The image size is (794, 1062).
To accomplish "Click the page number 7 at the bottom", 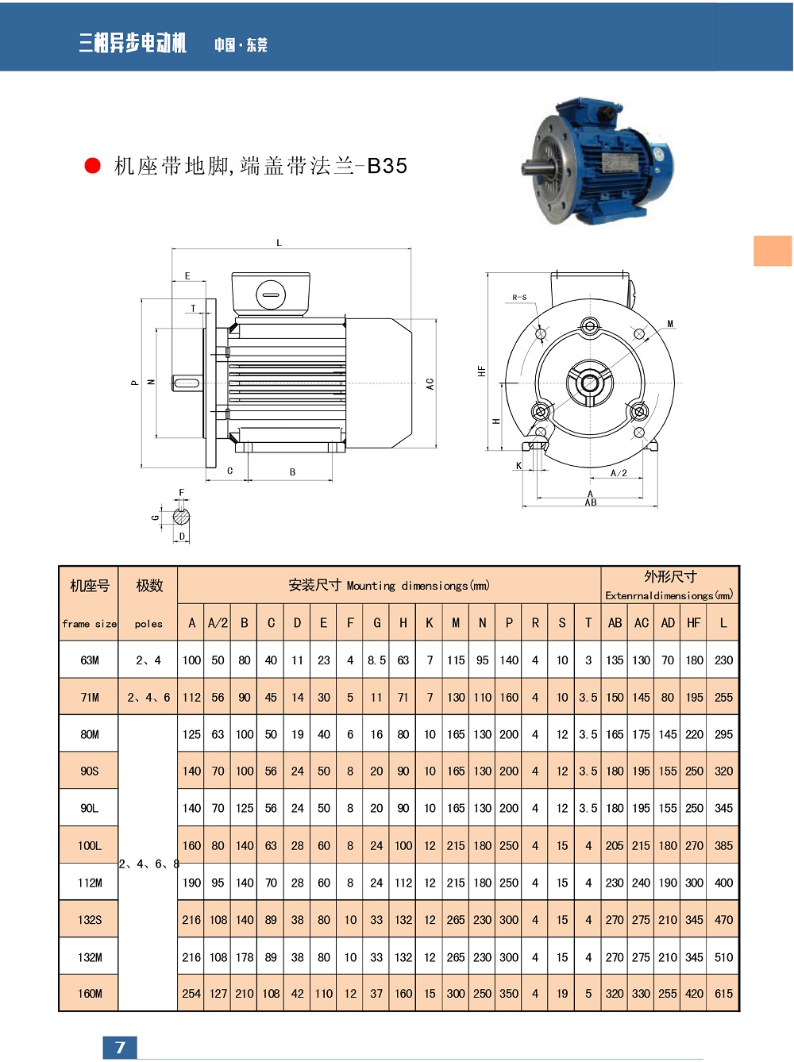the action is point(120,1048).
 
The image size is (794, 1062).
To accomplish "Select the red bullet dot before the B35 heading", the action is point(92,165).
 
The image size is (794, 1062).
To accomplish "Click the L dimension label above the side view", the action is point(279,243).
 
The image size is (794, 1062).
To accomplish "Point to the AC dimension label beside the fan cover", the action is point(430,383).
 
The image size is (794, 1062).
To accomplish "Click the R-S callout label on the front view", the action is point(519,298).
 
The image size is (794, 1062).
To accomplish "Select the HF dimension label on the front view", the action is point(481,371).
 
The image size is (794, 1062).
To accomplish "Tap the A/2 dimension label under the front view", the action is point(619,473).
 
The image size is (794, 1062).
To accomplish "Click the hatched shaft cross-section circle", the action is point(182,517).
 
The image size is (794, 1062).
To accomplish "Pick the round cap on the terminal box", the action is point(271,294).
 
